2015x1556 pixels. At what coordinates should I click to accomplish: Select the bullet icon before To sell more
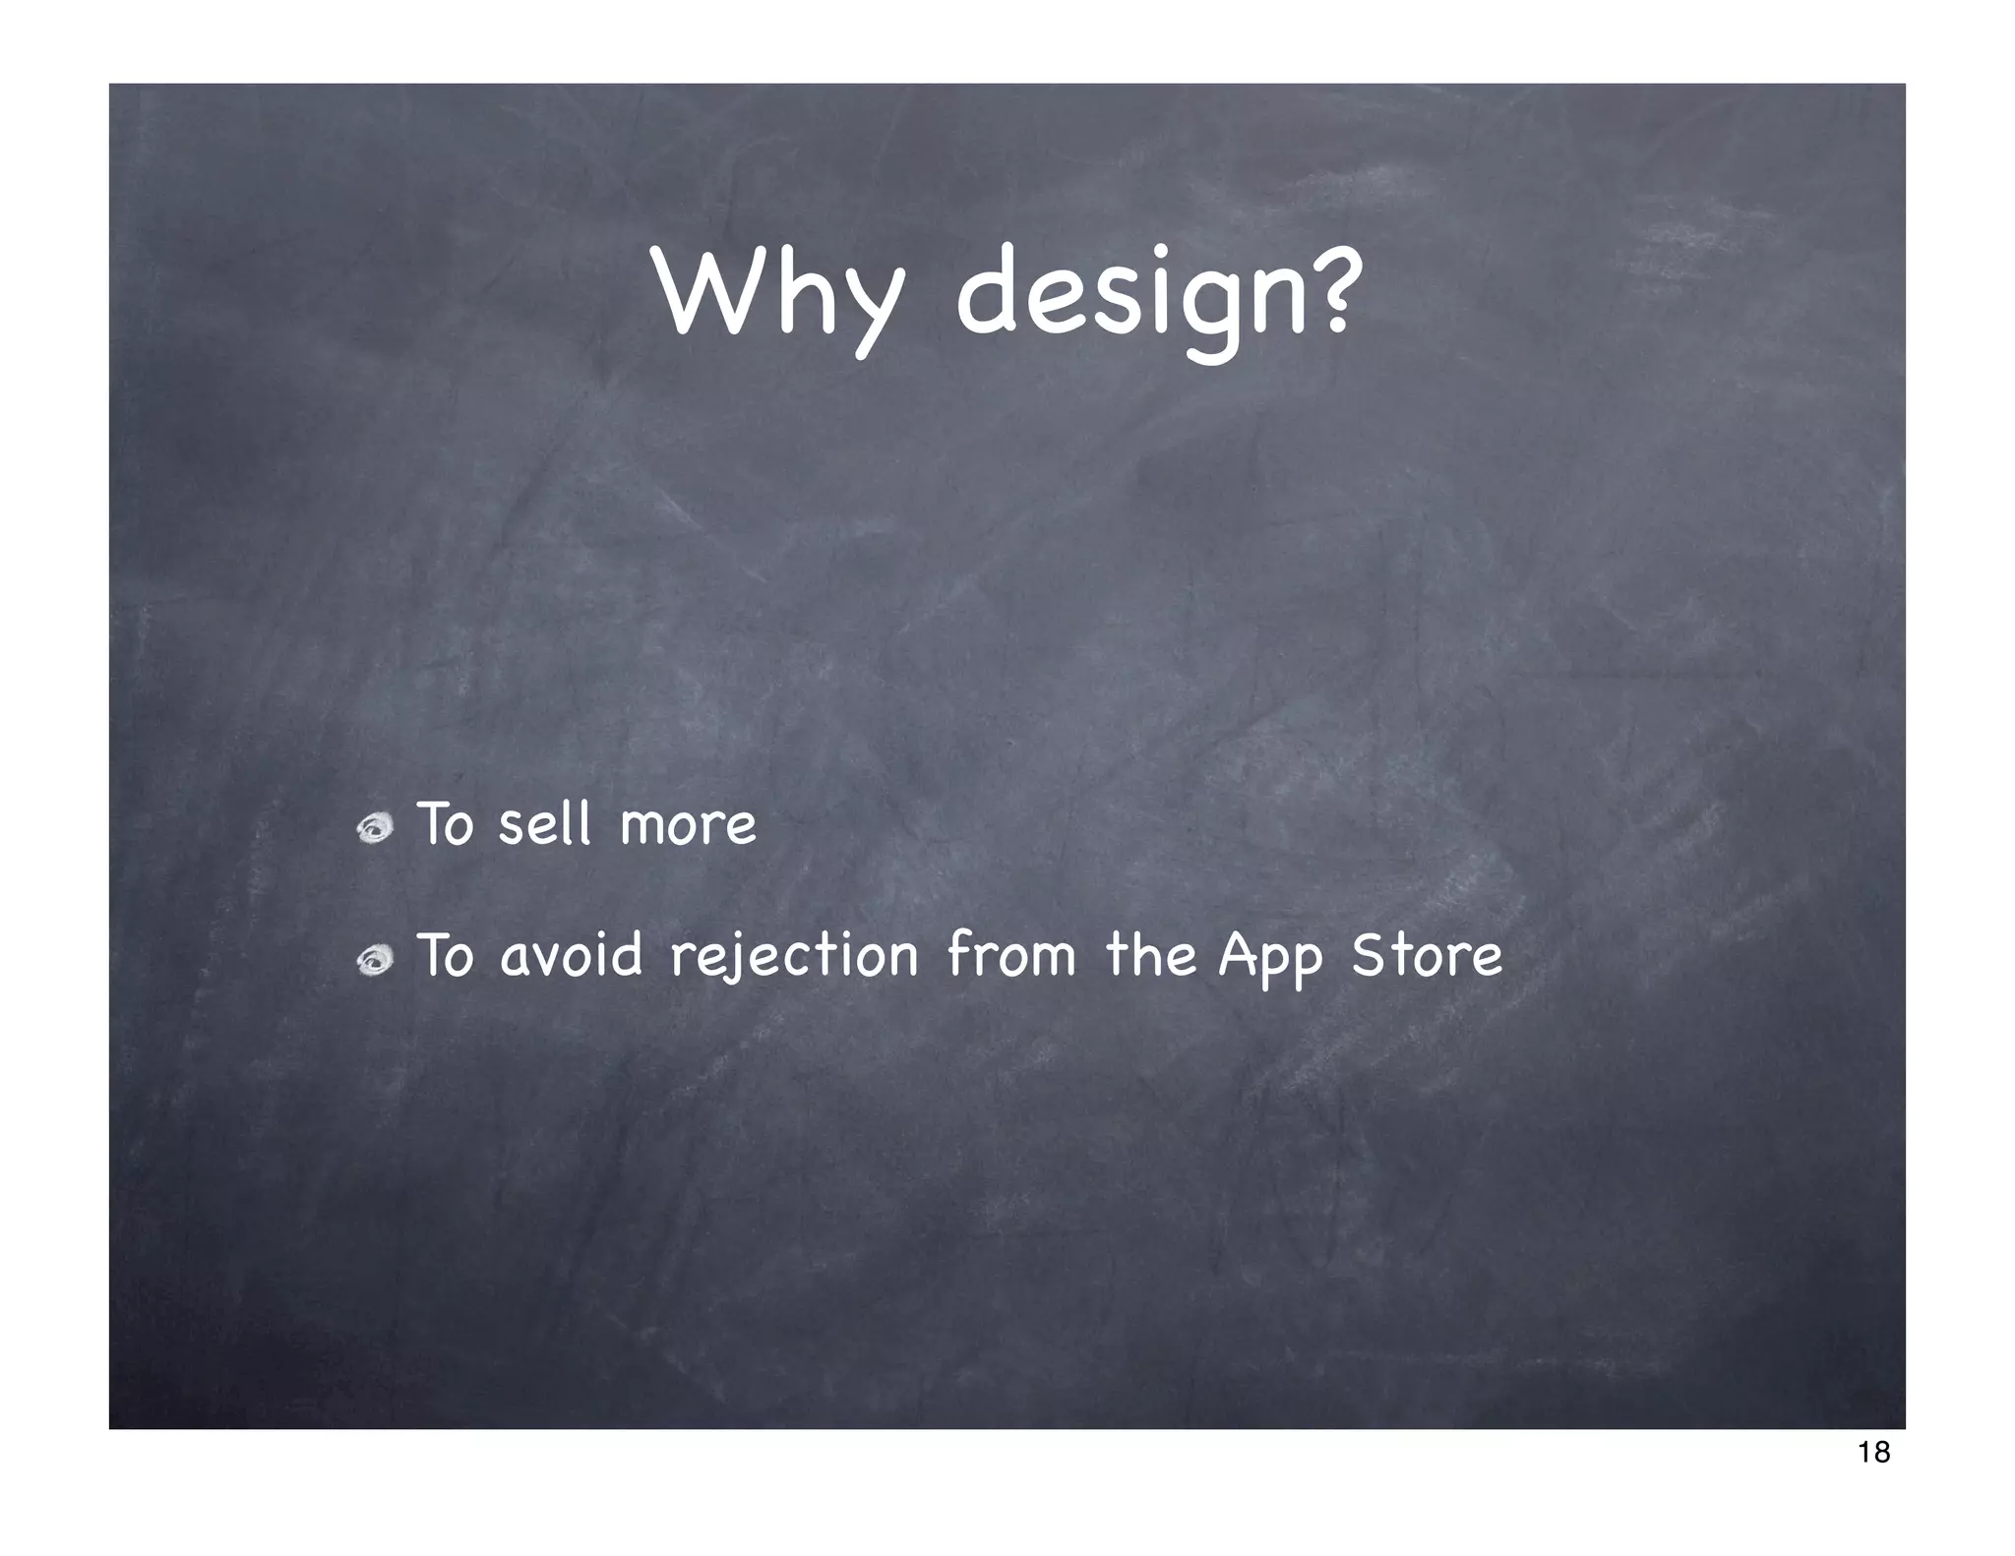(x=375, y=828)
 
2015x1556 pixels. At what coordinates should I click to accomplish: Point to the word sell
(x=544, y=824)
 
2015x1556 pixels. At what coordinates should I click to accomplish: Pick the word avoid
(x=571, y=955)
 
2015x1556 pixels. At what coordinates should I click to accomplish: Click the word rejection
(x=794, y=957)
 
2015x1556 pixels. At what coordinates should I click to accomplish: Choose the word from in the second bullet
(x=1011, y=955)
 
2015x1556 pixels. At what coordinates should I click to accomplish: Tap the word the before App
(x=1150, y=955)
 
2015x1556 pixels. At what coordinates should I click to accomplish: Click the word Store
(x=1427, y=955)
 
